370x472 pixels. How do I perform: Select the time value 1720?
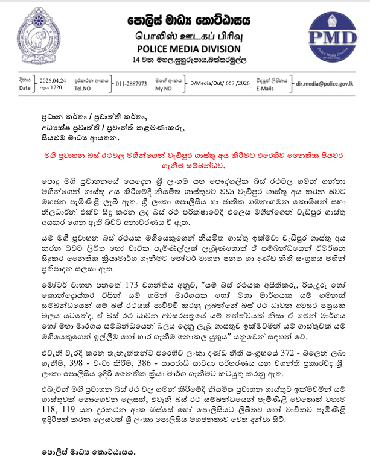tap(49, 87)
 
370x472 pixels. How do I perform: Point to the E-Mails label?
tap(265, 88)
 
